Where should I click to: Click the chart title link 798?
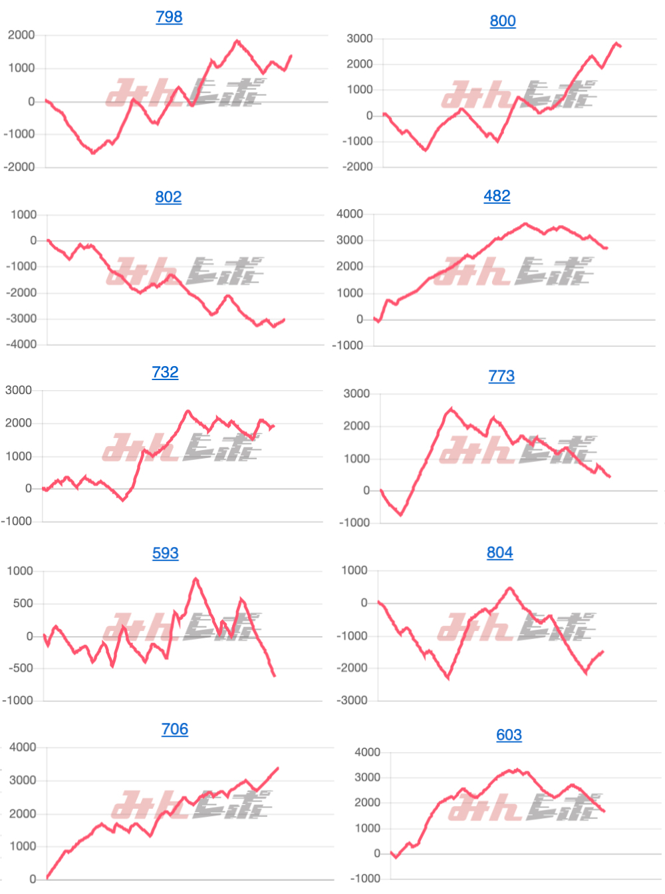coord(169,17)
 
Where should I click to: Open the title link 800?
coord(503,21)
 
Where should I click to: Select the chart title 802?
coord(168,197)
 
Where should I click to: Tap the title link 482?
coord(497,196)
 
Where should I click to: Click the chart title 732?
coord(165,372)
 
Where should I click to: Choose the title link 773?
coord(501,376)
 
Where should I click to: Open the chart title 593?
coord(166,553)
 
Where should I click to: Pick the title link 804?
coord(499,553)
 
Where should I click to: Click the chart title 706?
coord(175,729)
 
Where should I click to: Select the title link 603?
coord(509,735)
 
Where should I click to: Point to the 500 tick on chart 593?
coord(23,603)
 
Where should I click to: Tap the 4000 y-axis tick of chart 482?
coord(350,214)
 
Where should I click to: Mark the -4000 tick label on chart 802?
coord(21,344)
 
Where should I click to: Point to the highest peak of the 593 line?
coord(196,579)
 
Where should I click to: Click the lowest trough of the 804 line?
coord(448,678)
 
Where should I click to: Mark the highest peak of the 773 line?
coord(452,409)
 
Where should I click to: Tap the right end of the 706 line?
coord(278,768)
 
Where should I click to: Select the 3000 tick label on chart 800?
coord(360,39)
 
